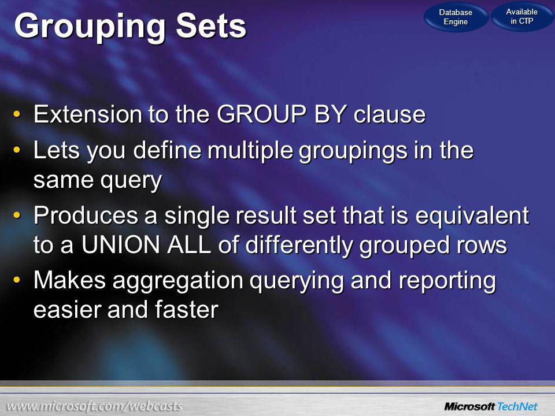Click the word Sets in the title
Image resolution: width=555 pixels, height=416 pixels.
pyautogui.click(x=211, y=26)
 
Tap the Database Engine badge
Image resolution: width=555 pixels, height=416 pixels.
pyautogui.click(x=456, y=17)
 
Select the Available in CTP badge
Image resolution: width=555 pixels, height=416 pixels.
pyautogui.click(x=521, y=16)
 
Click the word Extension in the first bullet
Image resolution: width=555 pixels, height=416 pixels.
pyautogui.click(x=88, y=114)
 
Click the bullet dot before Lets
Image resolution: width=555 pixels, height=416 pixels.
pyautogui.click(x=16, y=150)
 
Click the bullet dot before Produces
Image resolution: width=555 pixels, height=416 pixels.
pyautogui.click(x=16, y=215)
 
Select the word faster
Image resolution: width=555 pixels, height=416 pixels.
pyautogui.click(x=187, y=310)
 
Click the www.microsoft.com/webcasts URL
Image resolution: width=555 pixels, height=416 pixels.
pyautogui.click(x=94, y=406)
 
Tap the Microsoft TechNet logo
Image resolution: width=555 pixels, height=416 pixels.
pyautogui.click(x=491, y=406)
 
